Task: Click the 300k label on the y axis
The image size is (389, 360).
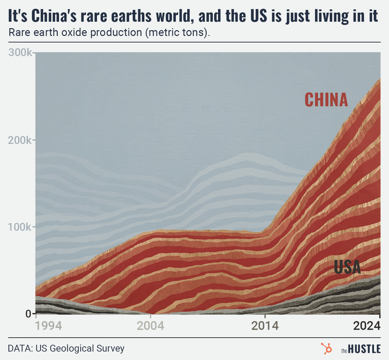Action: (x=20, y=53)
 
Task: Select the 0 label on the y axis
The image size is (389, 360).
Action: (x=28, y=314)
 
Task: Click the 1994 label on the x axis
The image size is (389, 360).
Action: (x=49, y=325)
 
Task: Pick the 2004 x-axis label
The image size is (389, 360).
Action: (x=151, y=325)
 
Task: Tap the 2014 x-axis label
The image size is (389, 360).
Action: (x=265, y=325)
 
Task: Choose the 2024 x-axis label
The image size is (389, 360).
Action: (x=367, y=325)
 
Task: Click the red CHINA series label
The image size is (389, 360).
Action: (x=326, y=100)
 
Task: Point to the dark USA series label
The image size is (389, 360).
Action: (x=347, y=267)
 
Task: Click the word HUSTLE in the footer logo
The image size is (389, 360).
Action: (x=364, y=349)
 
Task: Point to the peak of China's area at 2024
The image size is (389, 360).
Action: (x=380, y=79)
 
